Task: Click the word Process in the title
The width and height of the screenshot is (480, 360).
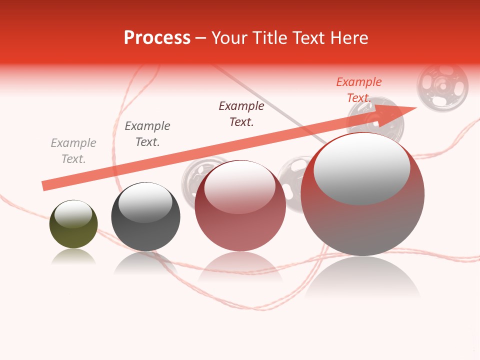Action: (x=157, y=37)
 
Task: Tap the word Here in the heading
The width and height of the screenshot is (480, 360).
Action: (x=349, y=37)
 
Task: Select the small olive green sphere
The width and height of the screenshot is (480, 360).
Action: (x=73, y=224)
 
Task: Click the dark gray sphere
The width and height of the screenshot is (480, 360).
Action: (x=145, y=217)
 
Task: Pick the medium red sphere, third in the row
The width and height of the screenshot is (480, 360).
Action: (x=240, y=206)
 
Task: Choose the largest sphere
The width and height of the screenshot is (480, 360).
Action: (x=362, y=195)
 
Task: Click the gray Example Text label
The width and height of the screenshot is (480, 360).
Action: (x=73, y=151)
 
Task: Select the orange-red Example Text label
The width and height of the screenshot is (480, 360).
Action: (x=359, y=90)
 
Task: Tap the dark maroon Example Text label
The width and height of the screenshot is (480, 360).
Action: (x=241, y=113)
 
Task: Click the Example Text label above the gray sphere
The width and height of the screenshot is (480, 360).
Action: (x=147, y=134)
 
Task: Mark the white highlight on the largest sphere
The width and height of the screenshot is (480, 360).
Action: (x=362, y=168)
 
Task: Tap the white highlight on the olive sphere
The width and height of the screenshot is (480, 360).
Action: (x=73, y=214)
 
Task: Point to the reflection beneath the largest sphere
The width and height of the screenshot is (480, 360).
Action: (x=362, y=277)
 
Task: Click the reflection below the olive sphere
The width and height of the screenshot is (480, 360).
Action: (x=73, y=256)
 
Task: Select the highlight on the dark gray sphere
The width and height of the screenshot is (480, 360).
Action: (x=145, y=202)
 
